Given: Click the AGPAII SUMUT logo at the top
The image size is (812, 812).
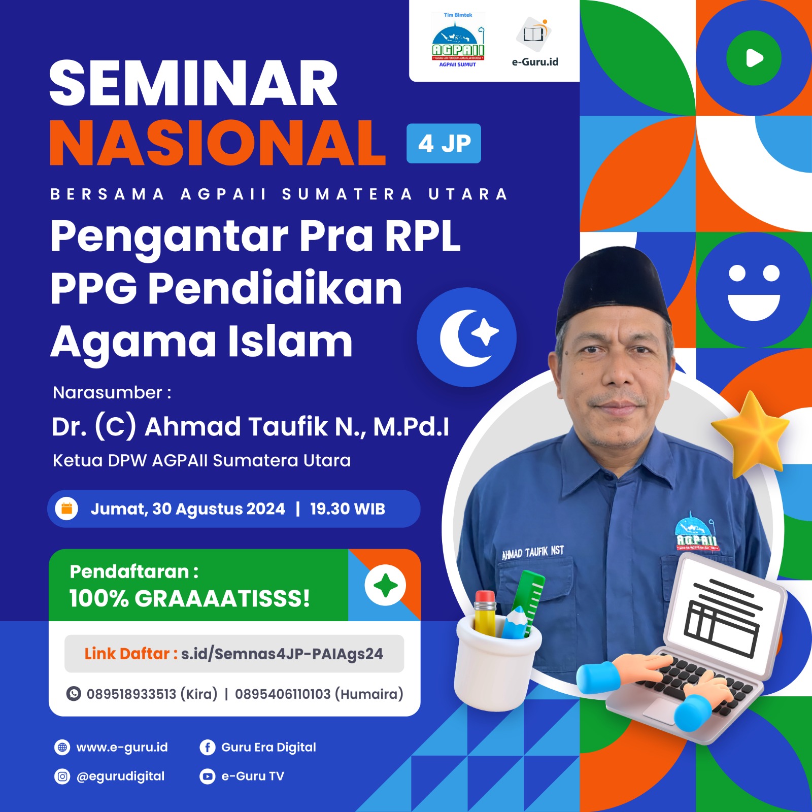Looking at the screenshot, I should click(x=458, y=41).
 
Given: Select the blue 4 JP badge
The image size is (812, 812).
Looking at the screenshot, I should click(x=444, y=144).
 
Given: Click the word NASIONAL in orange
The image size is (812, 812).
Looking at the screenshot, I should click(x=218, y=144).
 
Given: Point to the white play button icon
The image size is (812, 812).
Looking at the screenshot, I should click(x=754, y=58).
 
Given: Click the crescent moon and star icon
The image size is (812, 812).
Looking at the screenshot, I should click(x=467, y=337).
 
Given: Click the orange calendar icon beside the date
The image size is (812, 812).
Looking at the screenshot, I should click(x=66, y=509).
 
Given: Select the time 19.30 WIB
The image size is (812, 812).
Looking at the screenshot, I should click(x=348, y=509).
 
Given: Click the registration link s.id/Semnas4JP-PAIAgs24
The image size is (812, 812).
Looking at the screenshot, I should click(x=282, y=654).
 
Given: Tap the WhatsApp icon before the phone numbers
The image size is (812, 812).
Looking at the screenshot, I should click(x=74, y=694).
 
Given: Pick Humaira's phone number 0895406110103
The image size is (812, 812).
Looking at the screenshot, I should click(x=283, y=694).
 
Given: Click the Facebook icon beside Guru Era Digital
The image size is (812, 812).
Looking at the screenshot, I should click(x=207, y=748).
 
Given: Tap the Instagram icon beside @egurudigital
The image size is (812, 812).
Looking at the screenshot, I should click(x=62, y=776).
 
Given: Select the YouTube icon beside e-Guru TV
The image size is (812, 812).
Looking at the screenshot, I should click(x=207, y=776).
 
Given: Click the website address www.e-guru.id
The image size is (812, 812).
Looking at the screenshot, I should click(x=122, y=748).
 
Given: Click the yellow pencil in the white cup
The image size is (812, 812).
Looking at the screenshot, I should click(x=485, y=614).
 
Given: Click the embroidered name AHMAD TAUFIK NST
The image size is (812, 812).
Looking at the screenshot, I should click(x=533, y=552).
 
